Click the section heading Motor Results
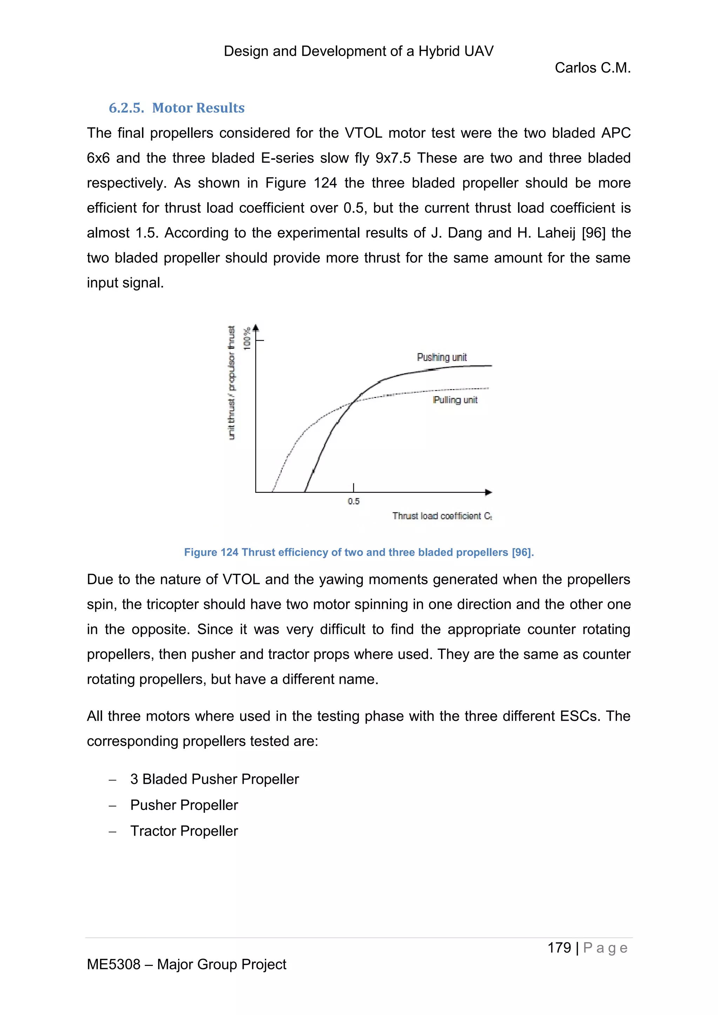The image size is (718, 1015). click(x=176, y=108)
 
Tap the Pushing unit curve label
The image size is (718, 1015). click(x=441, y=357)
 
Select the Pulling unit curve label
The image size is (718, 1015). click(x=455, y=400)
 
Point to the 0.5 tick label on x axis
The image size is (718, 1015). click(x=353, y=501)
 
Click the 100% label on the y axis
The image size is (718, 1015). click(x=247, y=338)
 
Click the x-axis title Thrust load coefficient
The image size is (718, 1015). click(x=442, y=516)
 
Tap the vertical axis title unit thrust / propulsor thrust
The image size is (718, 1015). click(x=231, y=383)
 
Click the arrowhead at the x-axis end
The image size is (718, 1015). click(x=488, y=492)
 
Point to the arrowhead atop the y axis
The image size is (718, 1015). click(x=256, y=328)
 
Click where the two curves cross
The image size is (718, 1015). click(x=353, y=401)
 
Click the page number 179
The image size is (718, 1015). click(x=559, y=947)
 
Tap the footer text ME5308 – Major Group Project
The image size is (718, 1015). click(x=186, y=964)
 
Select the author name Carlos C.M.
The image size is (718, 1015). click(x=592, y=68)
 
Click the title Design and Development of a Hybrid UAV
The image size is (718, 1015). click(x=359, y=51)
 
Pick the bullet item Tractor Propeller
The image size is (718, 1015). click(x=184, y=831)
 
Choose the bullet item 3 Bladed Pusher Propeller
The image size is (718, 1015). click(x=215, y=779)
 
